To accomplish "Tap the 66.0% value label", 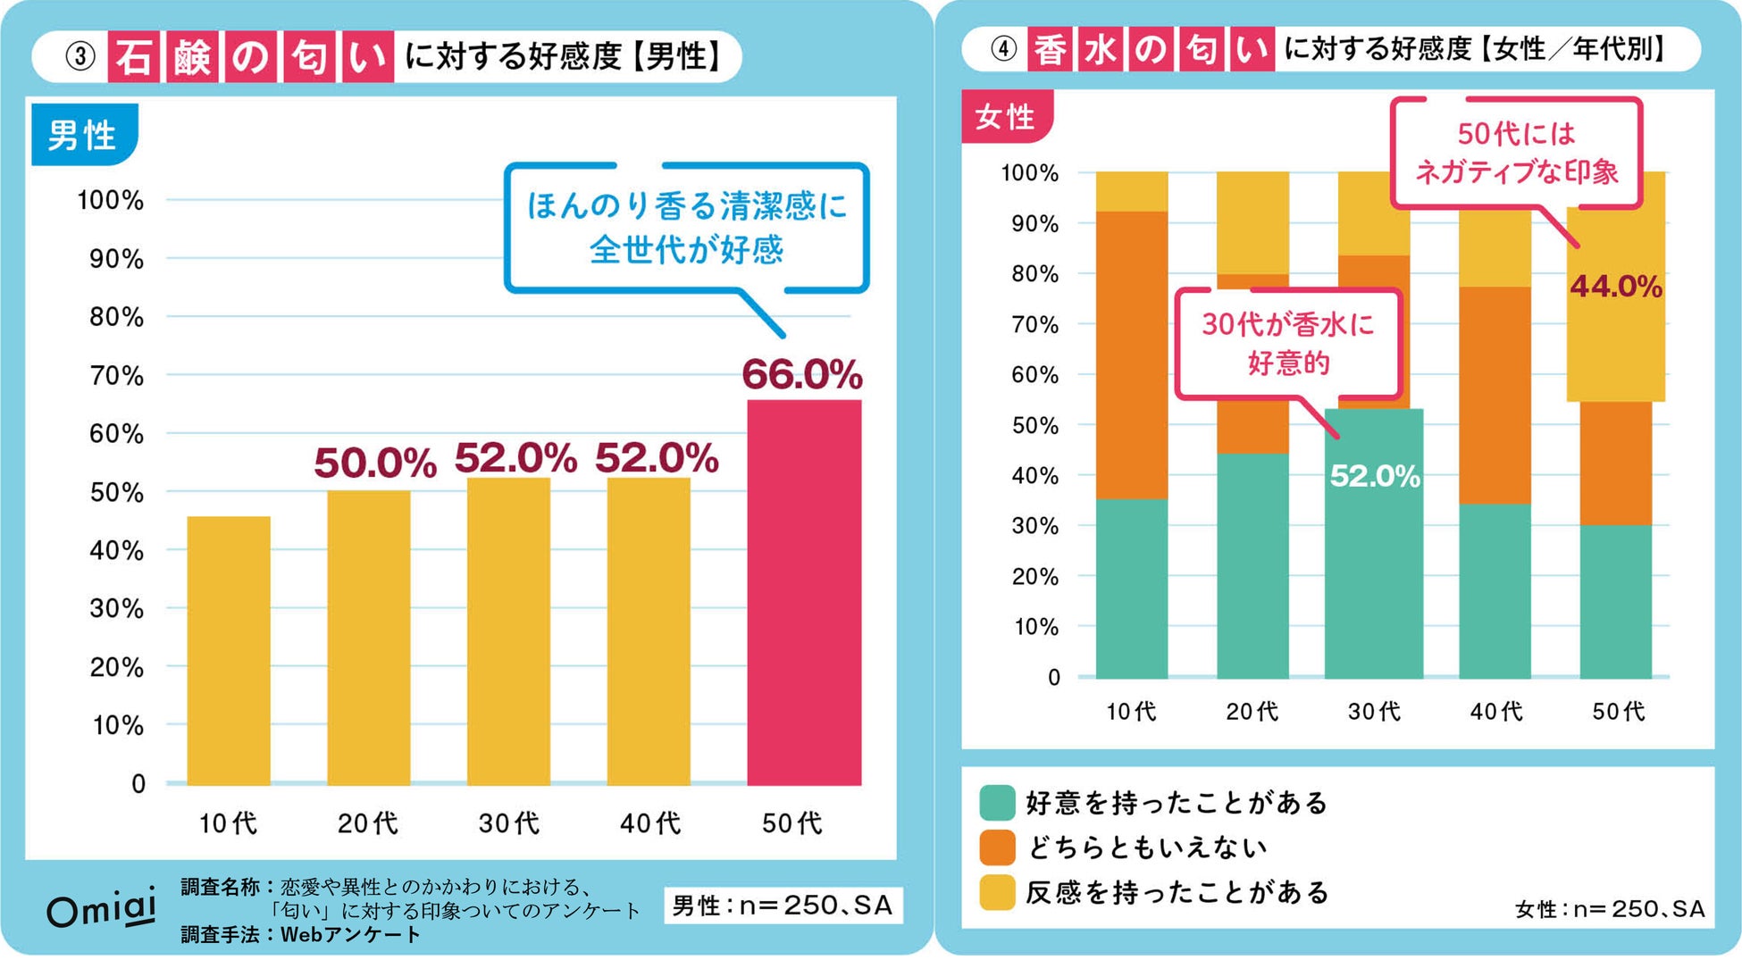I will (801, 374).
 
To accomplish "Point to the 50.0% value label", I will (374, 463).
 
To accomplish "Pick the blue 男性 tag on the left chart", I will (83, 135).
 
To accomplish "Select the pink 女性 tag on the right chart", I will (1005, 116).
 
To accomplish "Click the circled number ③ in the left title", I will (80, 56).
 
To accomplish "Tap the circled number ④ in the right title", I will (1003, 48).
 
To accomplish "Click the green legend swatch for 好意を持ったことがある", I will (997, 802).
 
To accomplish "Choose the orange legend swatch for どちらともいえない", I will (997, 847).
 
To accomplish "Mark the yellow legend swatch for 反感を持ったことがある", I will (997, 891).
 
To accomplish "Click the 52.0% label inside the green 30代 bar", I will (1374, 475).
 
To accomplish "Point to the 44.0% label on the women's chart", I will (1615, 287).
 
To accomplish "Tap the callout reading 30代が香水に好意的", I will (1287, 343).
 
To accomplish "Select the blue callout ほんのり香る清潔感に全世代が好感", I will (686, 228).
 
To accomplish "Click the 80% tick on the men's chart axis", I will (116, 317).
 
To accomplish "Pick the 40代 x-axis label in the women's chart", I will (1495, 711).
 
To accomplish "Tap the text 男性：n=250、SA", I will (782, 906).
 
